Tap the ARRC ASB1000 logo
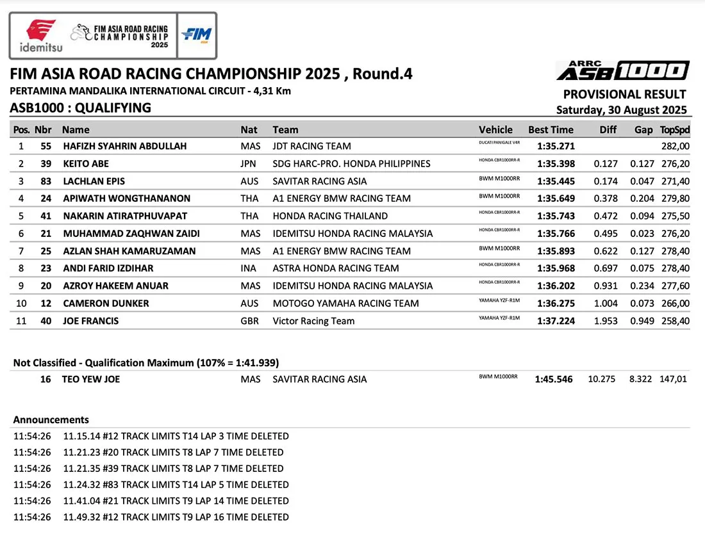pos(622,70)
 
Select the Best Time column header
pos(551,129)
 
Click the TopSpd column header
pos(675,129)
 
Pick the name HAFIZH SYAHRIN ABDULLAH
pos(125,146)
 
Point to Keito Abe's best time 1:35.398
pos(556,163)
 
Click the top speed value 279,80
pos(675,199)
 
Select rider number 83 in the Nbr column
pos(46,181)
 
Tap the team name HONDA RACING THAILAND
pos(330,216)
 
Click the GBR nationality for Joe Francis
pos(250,321)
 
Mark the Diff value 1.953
pos(605,321)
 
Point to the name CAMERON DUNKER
pos(106,304)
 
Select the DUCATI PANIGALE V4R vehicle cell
pos(499,142)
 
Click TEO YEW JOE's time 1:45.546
pos(554,379)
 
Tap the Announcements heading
pos(51,420)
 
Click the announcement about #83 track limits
pos(176,485)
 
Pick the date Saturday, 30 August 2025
pos(621,109)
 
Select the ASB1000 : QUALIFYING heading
pos(81,108)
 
